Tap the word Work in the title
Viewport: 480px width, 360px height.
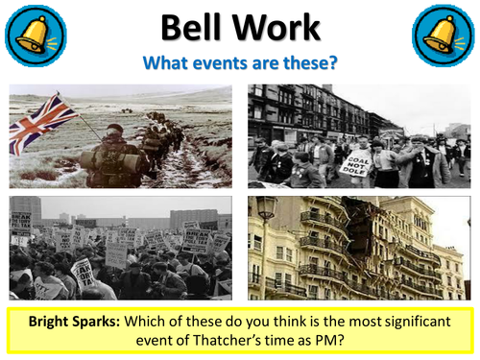[276, 28]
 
